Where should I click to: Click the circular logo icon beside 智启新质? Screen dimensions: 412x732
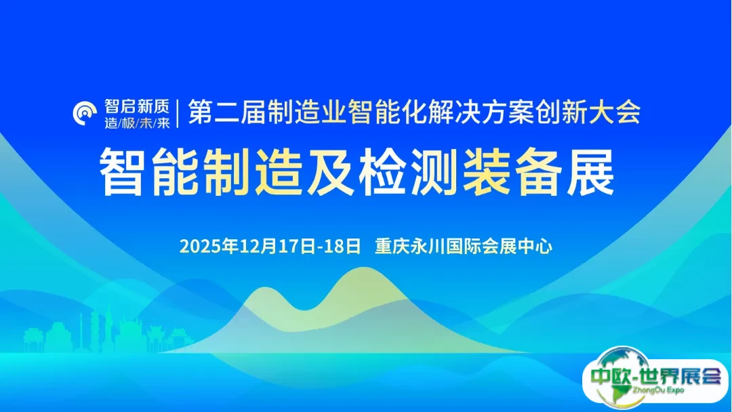point(86,112)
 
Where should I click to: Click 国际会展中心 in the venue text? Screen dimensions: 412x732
point(500,245)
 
